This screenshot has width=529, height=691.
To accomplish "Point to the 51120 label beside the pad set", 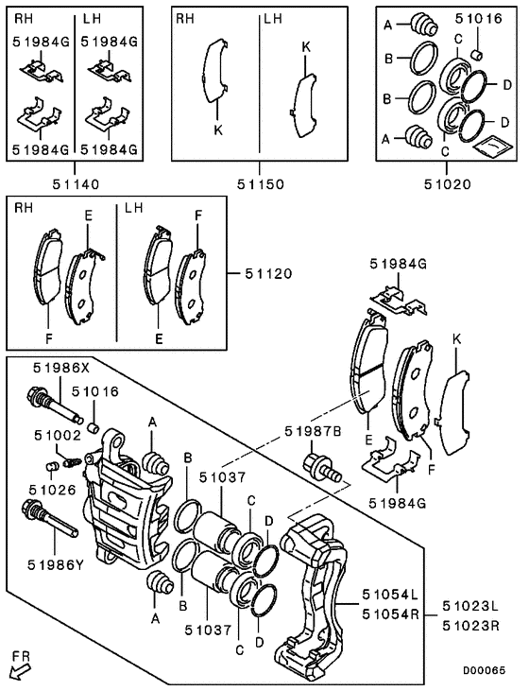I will point(266,273).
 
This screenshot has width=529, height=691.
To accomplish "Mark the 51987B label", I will point(311,431).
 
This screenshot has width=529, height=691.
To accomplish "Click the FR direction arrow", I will point(18,669).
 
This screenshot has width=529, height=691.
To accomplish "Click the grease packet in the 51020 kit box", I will point(491,146).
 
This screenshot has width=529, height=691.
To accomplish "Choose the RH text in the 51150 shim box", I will point(186,18).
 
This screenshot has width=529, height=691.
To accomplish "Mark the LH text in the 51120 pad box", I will point(133,207).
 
